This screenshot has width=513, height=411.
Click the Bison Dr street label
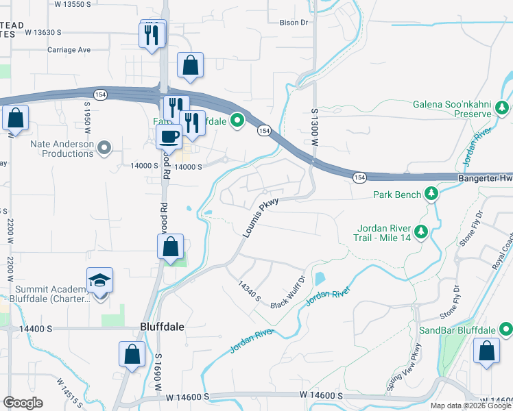click(294, 23)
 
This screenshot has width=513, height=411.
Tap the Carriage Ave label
click(69, 50)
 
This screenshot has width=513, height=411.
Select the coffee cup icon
click(169, 136)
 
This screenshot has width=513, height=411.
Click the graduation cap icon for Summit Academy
click(99, 280)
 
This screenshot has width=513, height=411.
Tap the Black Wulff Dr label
click(287, 292)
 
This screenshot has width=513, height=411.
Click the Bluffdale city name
click(162, 327)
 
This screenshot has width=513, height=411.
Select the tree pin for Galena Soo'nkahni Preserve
click(502, 108)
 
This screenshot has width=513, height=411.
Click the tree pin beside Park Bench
click(431, 195)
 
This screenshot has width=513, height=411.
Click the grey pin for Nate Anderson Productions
click(104, 147)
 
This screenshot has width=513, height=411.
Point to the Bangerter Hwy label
click(484, 178)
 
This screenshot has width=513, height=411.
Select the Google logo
click(23, 403)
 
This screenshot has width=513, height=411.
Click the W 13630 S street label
click(40, 32)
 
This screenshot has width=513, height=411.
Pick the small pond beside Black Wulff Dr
click(319, 279)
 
